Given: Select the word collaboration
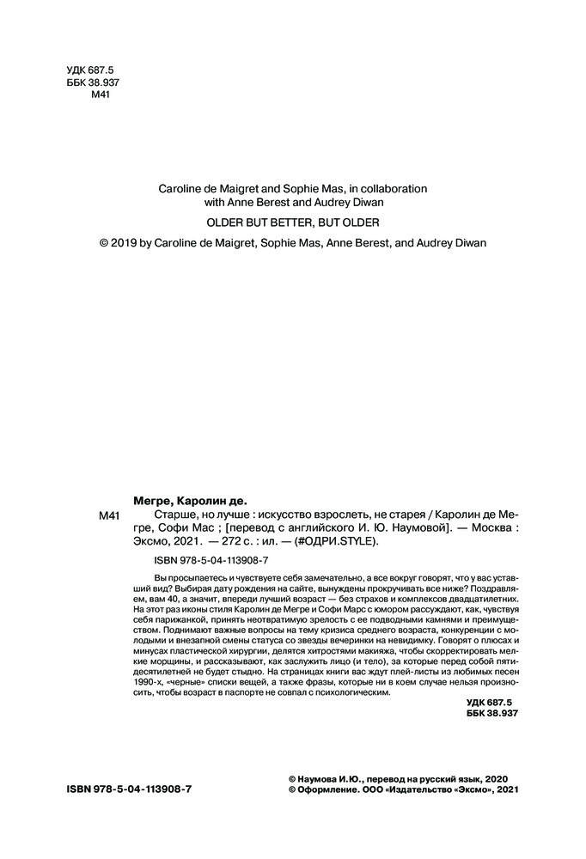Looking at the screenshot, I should (391, 186).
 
